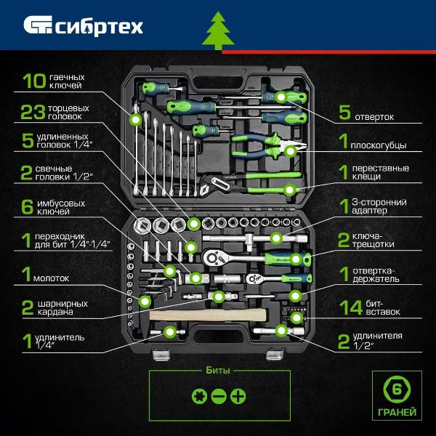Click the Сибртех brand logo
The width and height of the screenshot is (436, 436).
[83, 25]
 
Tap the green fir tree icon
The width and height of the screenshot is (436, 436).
[218, 31]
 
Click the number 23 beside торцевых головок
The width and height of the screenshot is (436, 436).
[33, 112]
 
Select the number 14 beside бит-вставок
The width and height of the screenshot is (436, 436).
[351, 307]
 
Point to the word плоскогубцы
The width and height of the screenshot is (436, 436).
[379, 145]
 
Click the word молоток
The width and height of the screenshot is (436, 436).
[51, 278]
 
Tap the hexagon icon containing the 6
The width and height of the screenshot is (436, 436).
[397, 389]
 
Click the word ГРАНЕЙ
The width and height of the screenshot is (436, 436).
[397, 412]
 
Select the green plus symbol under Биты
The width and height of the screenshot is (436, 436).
[238, 396]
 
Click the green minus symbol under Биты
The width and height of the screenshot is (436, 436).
[219, 396]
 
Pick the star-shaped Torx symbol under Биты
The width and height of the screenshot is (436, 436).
[199, 396]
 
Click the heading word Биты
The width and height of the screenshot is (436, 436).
[218, 371]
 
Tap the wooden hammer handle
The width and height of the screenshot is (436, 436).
[208, 315]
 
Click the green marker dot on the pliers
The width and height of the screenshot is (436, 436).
[291, 151]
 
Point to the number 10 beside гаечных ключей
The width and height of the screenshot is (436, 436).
[34, 81]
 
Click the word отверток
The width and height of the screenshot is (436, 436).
[374, 117]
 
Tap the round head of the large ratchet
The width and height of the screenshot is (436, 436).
[214, 258]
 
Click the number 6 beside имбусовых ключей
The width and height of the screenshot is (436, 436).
[28, 207]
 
